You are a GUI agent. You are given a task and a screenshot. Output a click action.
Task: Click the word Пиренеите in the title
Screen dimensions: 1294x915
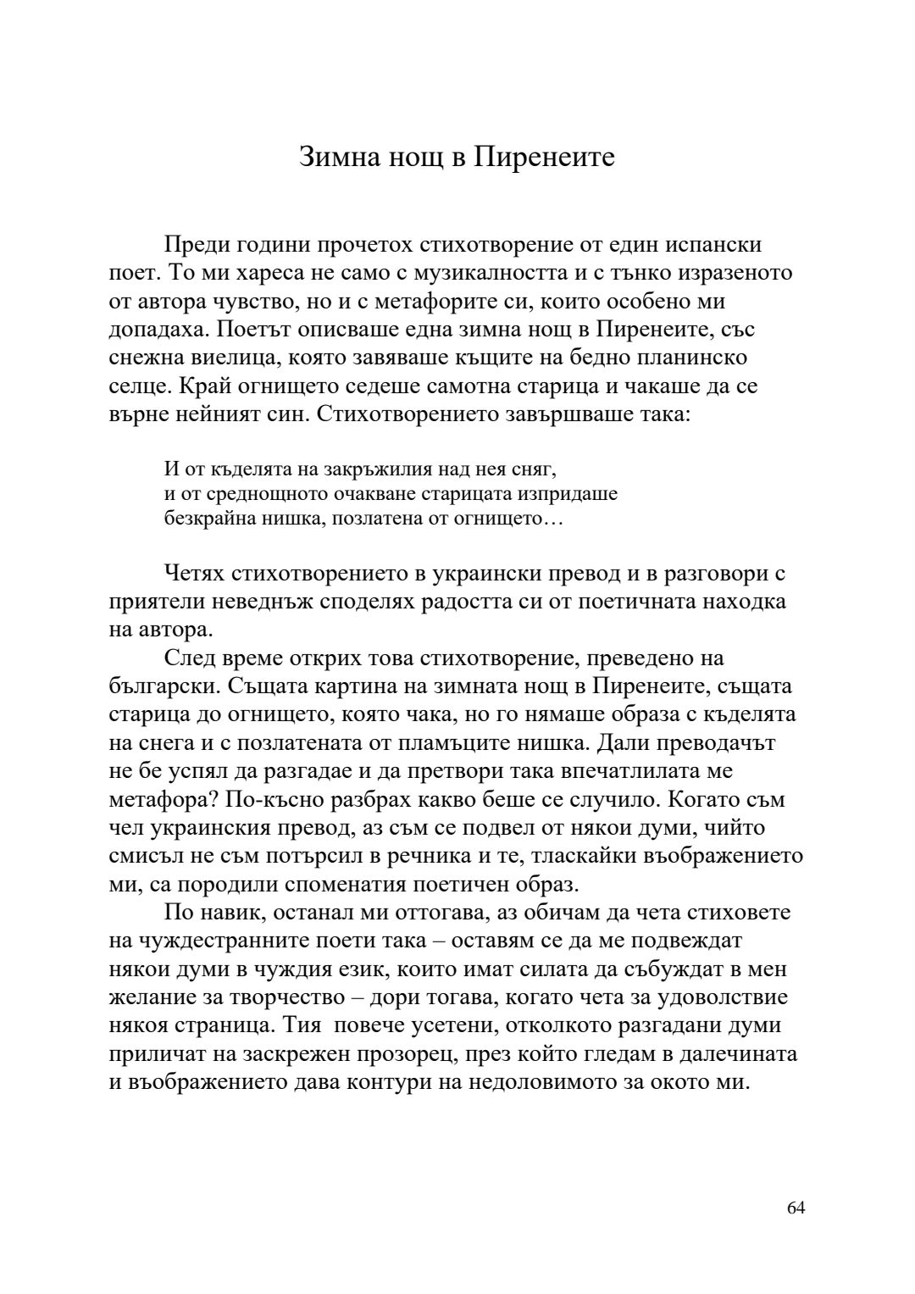(544, 158)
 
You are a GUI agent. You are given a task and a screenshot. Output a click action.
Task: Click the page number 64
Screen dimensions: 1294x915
(796, 1208)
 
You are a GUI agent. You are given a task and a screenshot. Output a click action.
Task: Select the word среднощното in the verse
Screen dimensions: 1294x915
(262, 493)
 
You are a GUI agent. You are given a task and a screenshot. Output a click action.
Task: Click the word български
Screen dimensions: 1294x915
(157, 686)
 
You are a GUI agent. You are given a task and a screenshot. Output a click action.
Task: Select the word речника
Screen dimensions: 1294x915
(433, 856)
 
